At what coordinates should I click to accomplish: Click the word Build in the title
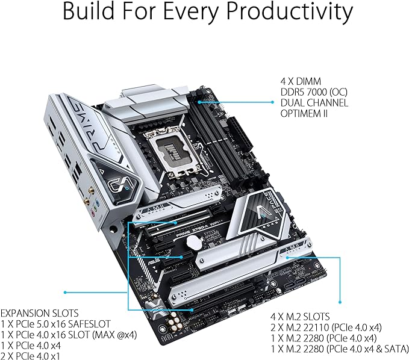pyautogui.click(x=93, y=12)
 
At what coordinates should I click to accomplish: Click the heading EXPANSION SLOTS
pyautogui.click(x=39, y=314)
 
